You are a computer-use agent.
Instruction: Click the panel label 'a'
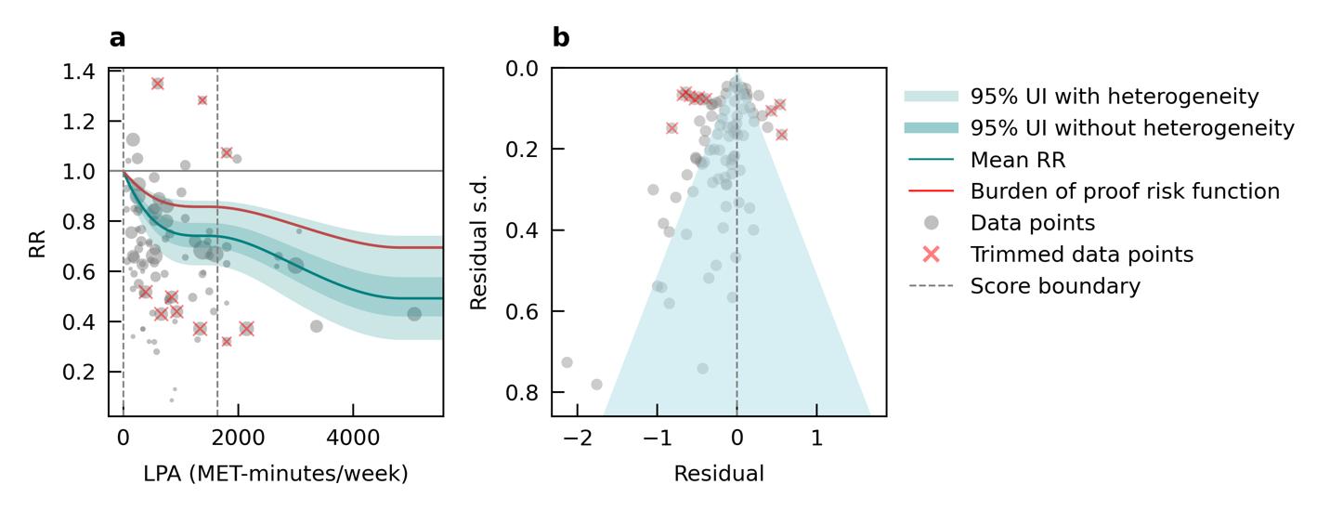pos(117,38)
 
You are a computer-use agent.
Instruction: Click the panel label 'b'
pos(561,38)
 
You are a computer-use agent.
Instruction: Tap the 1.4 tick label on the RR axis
pos(80,72)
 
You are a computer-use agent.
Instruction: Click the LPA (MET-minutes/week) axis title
pos(275,474)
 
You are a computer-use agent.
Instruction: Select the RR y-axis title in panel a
pos(37,242)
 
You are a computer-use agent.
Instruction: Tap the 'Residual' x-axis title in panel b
pos(718,474)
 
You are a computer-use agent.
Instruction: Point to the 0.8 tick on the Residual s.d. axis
pos(522,392)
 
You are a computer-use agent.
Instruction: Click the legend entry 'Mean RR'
pos(1018,160)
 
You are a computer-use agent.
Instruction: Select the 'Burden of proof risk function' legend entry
pos(1125,191)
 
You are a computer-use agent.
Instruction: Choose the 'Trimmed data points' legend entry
pos(1081,255)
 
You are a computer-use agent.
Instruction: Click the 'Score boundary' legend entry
pos(1055,286)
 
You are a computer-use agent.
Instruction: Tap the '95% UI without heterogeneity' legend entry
pos(1132,128)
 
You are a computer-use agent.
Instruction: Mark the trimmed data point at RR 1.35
pos(158,84)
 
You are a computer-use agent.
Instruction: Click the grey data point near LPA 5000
pos(414,314)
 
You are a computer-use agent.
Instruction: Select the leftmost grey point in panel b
pos(567,362)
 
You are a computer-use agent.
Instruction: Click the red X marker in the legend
pos(932,255)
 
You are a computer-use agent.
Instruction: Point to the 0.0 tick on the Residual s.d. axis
pos(522,68)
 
